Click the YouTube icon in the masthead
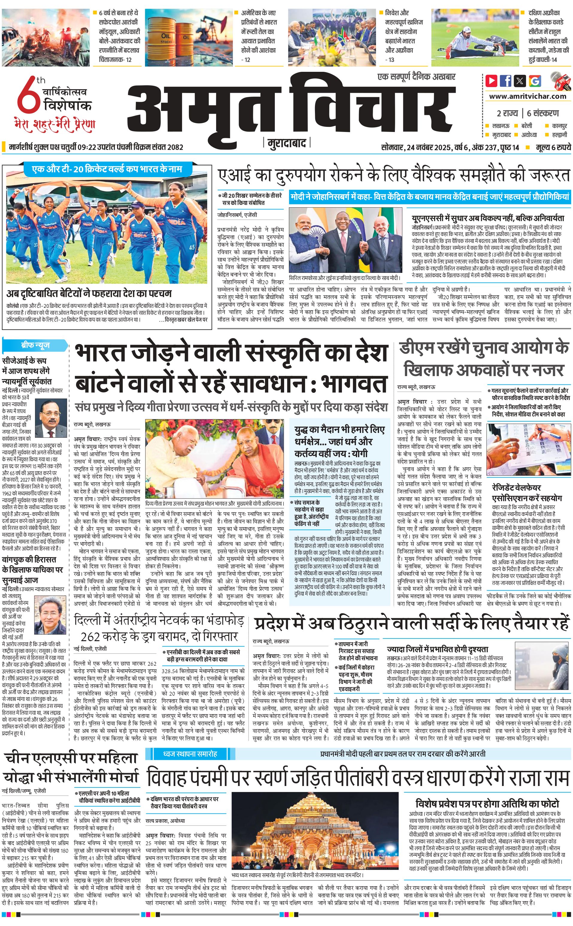click(491, 81)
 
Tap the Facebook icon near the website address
click(506, 81)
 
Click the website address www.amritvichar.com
click(527, 96)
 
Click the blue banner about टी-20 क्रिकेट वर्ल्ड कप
click(107, 169)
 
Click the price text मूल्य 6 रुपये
click(553, 147)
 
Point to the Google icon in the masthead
click(535, 81)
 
